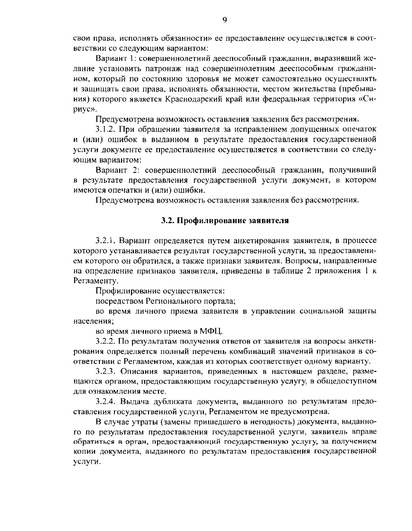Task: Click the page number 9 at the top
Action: [225, 20]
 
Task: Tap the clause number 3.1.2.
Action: [105, 129]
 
